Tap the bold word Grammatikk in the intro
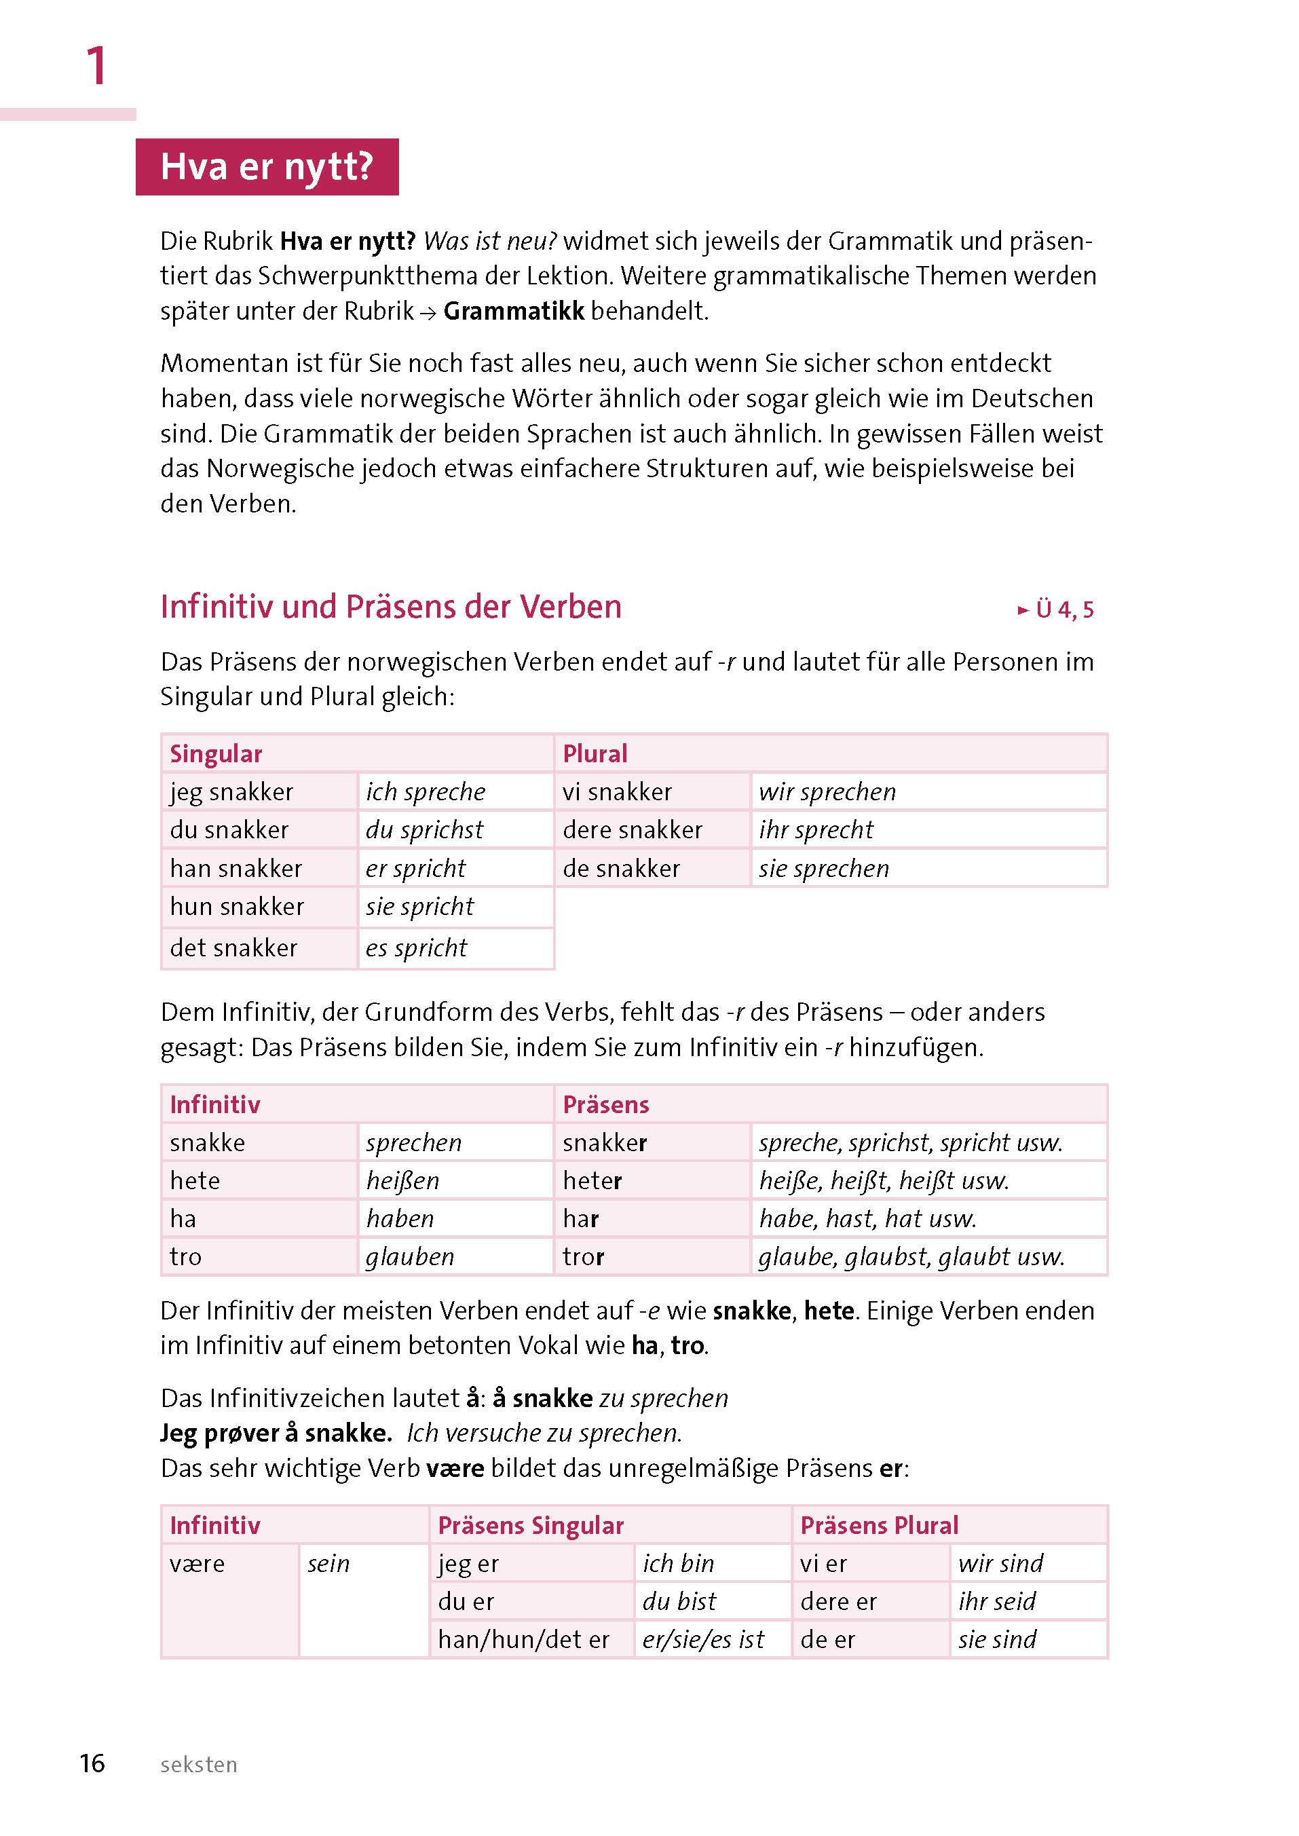[x=514, y=310]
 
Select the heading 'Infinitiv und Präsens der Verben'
[x=390, y=606]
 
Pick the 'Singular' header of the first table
[x=216, y=753]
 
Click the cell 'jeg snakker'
[x=231, y=791]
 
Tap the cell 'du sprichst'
[x=424, y=829]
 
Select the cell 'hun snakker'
[x=237, y=906]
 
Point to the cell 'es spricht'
[x=416, y=948]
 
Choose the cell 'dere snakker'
[x=632, y=829]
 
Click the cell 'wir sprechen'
[x=827, y=791]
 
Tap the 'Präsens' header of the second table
[x=605, y=1105]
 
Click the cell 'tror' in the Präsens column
[x=583, y=1257]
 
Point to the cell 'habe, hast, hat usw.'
[x=867, y=1218]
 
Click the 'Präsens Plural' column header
[x=878, y=1526]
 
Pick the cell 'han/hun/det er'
[x=523, y=1640]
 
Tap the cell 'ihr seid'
[x=996, y=1602]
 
